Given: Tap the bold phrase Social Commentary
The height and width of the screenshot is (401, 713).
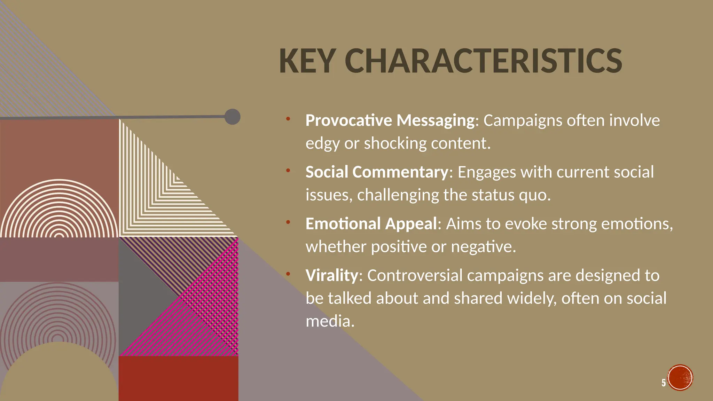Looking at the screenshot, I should [377, 172].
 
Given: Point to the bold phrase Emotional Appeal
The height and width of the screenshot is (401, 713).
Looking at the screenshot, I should [371, 223].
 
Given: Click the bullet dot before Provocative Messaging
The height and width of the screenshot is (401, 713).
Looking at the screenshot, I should [288, 119].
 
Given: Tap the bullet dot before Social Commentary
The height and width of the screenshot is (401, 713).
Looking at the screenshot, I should [288, 171].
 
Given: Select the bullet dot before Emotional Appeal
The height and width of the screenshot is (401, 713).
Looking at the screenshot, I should [288, 222].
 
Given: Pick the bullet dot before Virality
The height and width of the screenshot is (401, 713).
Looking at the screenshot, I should [288, 274].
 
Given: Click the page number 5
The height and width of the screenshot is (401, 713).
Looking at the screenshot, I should [664, 383].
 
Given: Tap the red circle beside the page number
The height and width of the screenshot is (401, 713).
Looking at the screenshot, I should [680, 378].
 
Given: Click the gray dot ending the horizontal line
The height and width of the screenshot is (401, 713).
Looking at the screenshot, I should [232, 117].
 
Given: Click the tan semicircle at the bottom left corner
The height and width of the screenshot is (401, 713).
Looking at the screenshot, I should [59, 376].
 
